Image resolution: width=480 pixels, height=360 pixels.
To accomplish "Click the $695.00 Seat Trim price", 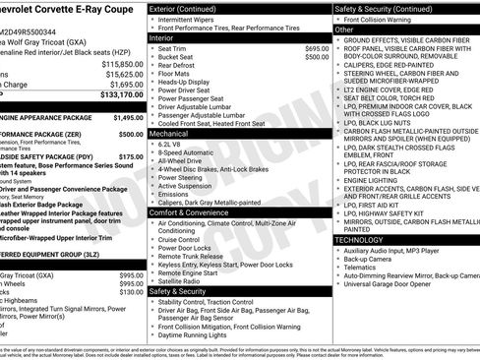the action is (x=317, y=47).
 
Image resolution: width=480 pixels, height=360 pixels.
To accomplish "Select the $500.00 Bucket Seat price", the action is (x=317, y=57).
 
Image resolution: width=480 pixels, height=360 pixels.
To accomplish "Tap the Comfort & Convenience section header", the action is (x=192, y=211).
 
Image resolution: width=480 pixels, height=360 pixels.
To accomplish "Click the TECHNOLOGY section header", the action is (x=358, y=239).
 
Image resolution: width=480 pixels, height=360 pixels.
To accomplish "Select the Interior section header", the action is (x=162, y=38).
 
